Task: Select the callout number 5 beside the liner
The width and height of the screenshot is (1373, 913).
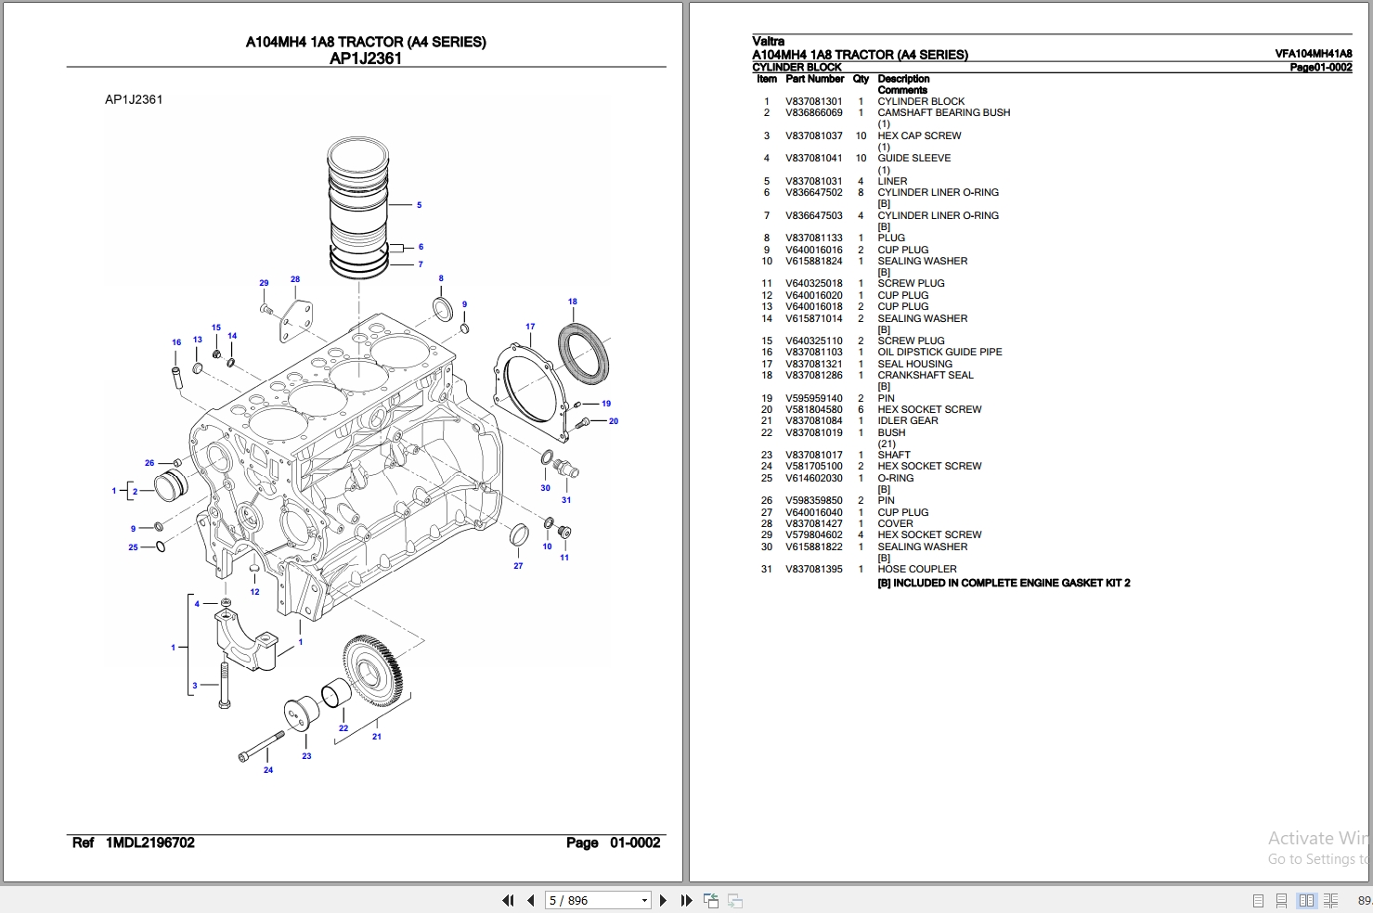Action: (419, 205)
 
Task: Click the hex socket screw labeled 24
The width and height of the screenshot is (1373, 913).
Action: (261, 746)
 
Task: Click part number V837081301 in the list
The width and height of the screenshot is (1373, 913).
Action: (813, 102)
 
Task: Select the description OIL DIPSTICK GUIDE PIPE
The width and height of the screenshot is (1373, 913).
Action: (939, 353)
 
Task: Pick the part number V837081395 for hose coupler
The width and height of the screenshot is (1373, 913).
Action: (813, 570)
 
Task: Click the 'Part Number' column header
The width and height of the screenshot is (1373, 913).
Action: (814, 80)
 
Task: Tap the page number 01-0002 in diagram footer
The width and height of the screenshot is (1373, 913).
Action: (634, 842)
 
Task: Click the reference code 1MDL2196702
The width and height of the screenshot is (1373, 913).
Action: (149, 842)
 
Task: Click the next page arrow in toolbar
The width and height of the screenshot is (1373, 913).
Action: (663, 900)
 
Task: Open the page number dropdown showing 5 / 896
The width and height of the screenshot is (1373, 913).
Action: (644, 900)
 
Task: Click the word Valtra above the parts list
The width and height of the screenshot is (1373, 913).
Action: (768, 41)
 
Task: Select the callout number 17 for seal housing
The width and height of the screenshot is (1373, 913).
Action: (530, 327)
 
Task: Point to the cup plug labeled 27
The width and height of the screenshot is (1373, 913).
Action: (519, 534)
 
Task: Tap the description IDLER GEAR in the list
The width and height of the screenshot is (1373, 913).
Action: (907, 421)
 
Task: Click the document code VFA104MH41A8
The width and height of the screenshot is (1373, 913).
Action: (1313, 55)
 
